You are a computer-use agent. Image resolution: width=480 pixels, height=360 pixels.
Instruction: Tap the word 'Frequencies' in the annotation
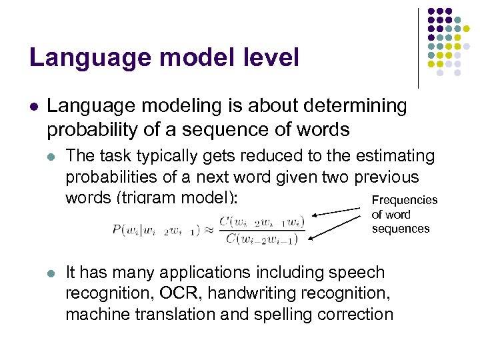(x=405, y=200)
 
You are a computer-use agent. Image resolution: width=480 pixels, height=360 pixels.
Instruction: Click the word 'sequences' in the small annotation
(x=401, y=229)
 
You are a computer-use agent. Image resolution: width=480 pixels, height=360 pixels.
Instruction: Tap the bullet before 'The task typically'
(x=53, y=157)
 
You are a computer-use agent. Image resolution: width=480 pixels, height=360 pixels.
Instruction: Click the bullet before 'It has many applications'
(x=53, y=273)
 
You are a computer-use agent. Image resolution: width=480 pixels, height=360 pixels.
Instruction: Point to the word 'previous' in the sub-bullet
(x=387, y=177)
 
